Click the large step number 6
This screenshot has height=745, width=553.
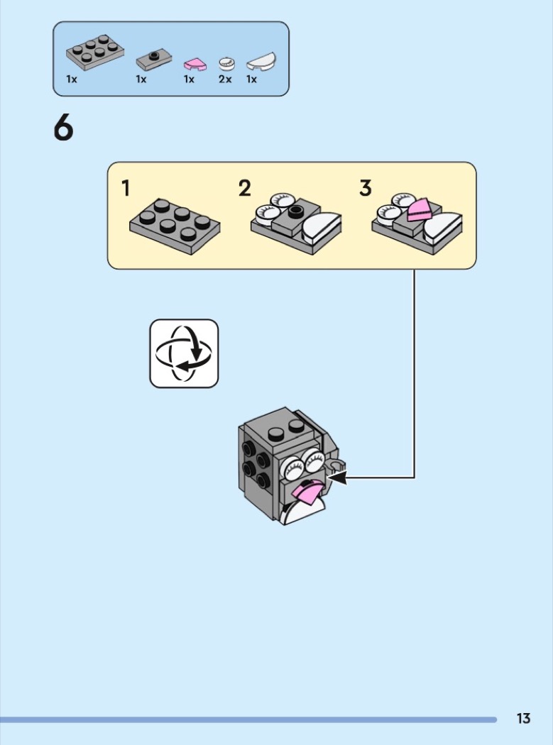click(x=64, y=128)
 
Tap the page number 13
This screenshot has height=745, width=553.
click(x=523, y=718)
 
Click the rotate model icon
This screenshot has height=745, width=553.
click(x=184, y=353)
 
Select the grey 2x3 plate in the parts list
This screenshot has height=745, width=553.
click(x=95, y=53)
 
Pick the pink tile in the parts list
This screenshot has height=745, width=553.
click(x=195, y=65)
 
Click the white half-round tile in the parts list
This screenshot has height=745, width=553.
click(x=261, y=62)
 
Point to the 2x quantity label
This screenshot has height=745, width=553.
click(x=225, y=79)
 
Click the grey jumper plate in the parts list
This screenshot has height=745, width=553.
click(x=154, y=60)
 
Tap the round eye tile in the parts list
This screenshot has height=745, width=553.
click(x=227, y=64)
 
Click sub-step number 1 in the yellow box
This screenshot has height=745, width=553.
click(x=126, y=188)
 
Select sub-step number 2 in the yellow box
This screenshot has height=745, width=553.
click(x=244, y=188)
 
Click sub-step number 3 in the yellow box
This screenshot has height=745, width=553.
click(x=365, y=188)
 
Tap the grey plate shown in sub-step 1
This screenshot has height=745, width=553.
click(x=175, y=226)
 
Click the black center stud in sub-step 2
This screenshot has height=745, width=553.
click(x=295, y=211)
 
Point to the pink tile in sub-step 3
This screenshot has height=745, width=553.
click(x=420, y=209)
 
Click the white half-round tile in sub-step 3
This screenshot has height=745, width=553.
click(x=443, y=228)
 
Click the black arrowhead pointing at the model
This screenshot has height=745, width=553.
click(x=338, y=477)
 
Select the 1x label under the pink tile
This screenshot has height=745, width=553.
click(x=190, y=79)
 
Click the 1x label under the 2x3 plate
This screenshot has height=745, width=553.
click(x=72, y=79)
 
